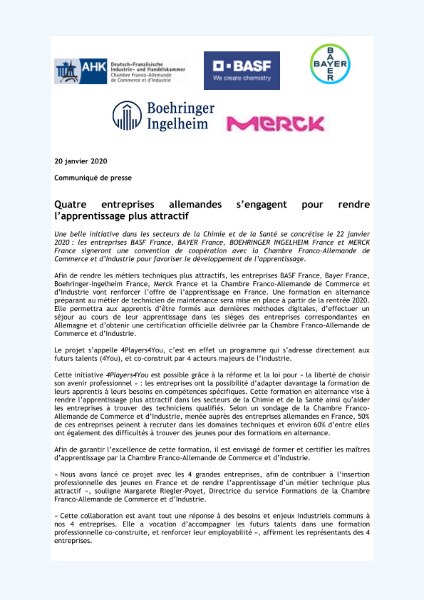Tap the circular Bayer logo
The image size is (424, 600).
(x=330, y=64)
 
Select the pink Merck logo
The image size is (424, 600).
(x=275, y=124)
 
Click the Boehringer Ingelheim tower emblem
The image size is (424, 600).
(x=127, y=115)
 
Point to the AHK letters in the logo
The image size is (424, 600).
(x=94, y=67)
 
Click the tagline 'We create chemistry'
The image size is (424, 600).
(x=242, y=78)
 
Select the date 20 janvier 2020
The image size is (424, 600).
(x=81, y=161)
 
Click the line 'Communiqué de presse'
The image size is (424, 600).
(x=93, y=178)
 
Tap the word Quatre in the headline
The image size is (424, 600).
(x=70, y=205)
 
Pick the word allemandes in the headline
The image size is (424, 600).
(x=195, y=205)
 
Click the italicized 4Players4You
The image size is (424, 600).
(x=127, y=375)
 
